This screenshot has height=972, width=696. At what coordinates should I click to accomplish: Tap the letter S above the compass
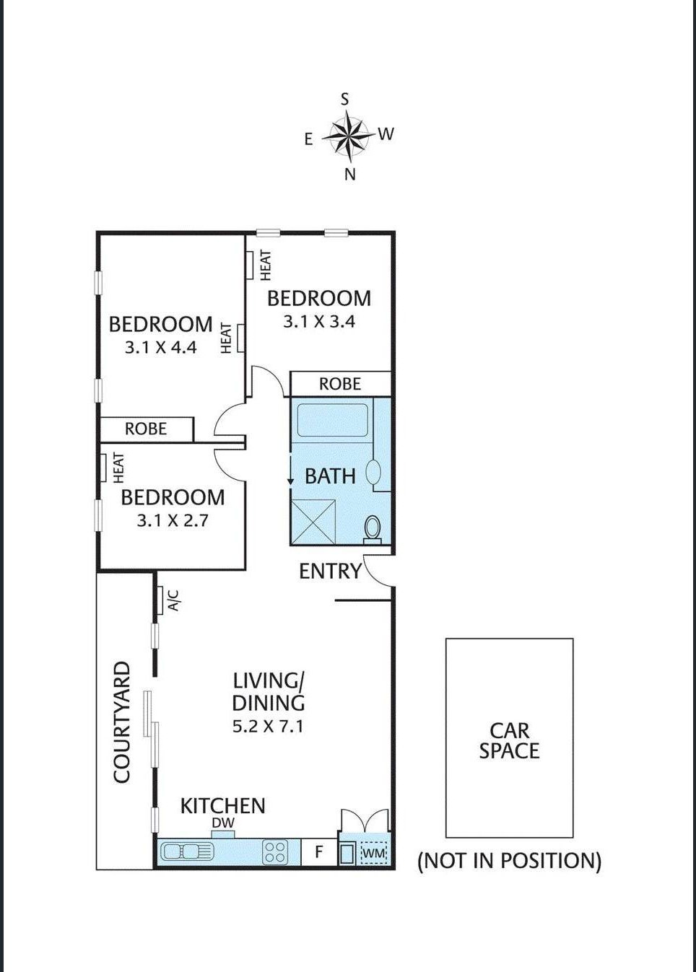tap(344, 100)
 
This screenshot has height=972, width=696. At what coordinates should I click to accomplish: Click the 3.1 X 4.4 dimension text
tap(161, 348)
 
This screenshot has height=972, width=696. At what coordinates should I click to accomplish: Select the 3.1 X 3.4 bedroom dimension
tap(319, 322)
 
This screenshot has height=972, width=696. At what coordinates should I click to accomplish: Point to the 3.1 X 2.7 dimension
tap(173, 520)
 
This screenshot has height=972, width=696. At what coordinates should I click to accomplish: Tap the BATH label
tap(331, 476)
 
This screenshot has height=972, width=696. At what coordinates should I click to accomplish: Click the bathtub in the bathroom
tap(332, 420)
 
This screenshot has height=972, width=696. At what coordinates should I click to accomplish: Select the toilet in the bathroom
tap(373, 529)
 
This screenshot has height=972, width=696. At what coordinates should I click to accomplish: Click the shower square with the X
tap(313, 522)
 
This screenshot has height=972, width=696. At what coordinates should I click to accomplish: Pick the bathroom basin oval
tap(373, 472)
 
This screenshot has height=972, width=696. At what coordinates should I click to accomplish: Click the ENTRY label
tap(331, 571)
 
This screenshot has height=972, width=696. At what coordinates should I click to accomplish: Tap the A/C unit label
tap(174, 600)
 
